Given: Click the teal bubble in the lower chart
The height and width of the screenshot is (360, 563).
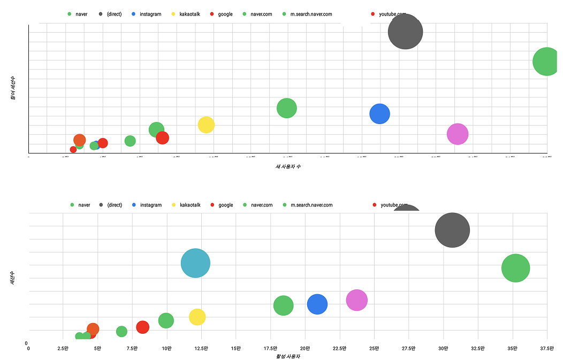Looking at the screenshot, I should [195, 263].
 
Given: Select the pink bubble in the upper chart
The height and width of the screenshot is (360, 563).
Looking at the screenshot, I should [458, 134].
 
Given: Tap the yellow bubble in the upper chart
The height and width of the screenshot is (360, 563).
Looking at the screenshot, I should [206, 125].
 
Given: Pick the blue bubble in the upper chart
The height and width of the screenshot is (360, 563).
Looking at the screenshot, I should [379, 113].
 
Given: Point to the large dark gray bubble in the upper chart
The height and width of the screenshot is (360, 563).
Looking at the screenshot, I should [405, 32].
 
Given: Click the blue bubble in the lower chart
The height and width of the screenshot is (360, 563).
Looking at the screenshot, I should [317, 304].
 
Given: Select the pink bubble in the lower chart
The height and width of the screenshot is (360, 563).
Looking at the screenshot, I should [357, 300].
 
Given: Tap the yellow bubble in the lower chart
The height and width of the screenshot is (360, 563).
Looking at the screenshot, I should [197, 317].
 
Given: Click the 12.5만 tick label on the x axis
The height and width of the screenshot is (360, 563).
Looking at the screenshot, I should [201, 348].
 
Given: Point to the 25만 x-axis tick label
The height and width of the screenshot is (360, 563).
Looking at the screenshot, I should [374, 348].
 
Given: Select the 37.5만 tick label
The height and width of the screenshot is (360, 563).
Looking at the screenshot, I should [547, 348].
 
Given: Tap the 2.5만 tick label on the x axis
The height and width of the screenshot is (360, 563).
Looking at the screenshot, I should [63, 348].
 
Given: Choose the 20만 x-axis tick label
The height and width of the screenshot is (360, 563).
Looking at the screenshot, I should [305, 348].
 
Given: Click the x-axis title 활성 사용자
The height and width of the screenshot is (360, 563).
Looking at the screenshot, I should [288, 356].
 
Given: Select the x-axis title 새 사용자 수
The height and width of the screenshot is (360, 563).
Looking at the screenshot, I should [288, 166].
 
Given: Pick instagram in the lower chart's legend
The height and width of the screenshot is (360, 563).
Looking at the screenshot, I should [151, 205].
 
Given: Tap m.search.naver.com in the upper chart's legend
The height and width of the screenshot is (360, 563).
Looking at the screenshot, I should [311, 14].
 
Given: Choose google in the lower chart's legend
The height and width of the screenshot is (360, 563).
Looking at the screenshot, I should [226, 205].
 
